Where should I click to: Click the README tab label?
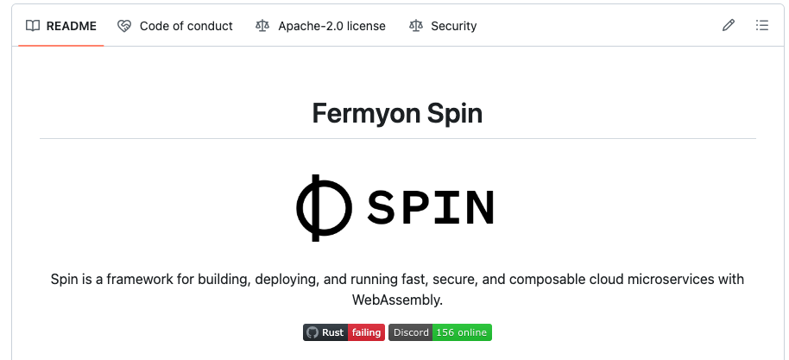click(72, 26)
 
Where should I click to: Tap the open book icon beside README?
click(33, 26)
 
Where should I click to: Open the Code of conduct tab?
click(186, 26)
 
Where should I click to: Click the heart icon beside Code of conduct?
click(124, 26)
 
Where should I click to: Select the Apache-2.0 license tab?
click(331, 26)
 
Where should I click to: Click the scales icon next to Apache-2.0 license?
click(262, 26)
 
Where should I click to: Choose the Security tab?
click(453, 26)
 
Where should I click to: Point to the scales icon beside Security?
click(415, 26)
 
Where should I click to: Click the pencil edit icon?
click(729, 26)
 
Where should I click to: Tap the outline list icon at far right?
click(762, 26)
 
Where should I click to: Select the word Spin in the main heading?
click(453, 114)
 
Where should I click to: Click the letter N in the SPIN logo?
click(478, 207)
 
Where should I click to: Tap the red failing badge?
click(366, 332)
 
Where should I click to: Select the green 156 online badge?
click(462, 332)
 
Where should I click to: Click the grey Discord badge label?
click(411, 332)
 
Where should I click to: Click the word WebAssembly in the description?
click(397, 300)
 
